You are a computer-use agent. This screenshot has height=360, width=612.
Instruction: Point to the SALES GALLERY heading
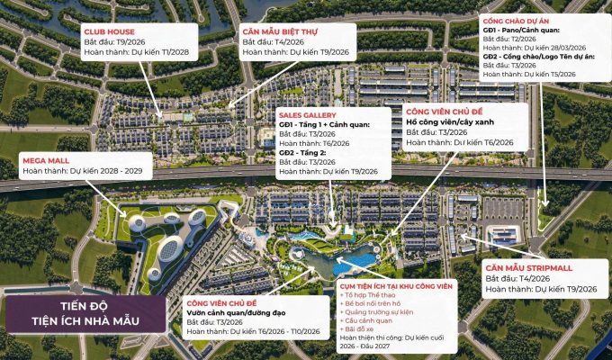coord(308,116)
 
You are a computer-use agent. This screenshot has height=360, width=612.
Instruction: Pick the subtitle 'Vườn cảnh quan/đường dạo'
coord(236,311)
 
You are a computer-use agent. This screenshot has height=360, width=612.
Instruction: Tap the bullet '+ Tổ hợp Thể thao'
coord(371,295)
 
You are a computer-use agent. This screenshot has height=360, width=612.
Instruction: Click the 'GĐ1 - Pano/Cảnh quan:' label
coord(523,30)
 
